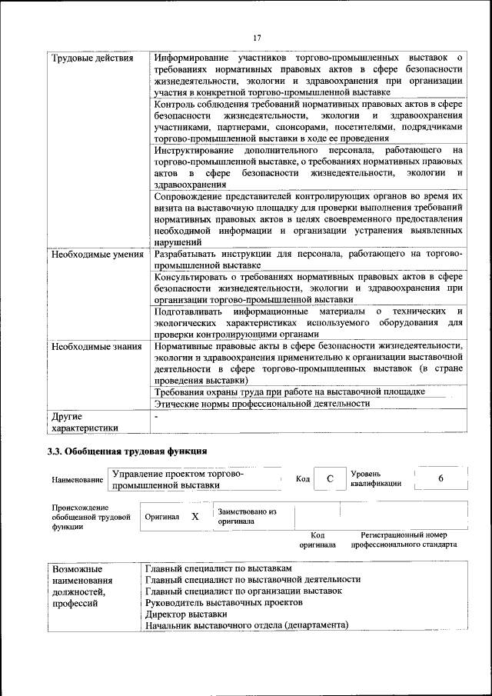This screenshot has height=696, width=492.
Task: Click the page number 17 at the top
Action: click(x=257, y=37)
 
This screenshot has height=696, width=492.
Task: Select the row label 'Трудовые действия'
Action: click(x=91, y=58)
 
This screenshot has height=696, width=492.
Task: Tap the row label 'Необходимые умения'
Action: click(x=97, y=253)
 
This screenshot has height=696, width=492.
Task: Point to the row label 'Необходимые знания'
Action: click(x=97, y=347)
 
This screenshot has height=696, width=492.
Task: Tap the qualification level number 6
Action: click(x=440, y=479)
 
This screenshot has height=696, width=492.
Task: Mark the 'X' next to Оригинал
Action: click(x=195, y=517)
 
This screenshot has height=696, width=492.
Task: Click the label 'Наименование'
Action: click(x=78, y=481)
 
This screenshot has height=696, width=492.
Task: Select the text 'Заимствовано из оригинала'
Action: click(x=247, y=516)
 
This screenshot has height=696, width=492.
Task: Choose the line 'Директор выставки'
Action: click(x=186, y=614)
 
